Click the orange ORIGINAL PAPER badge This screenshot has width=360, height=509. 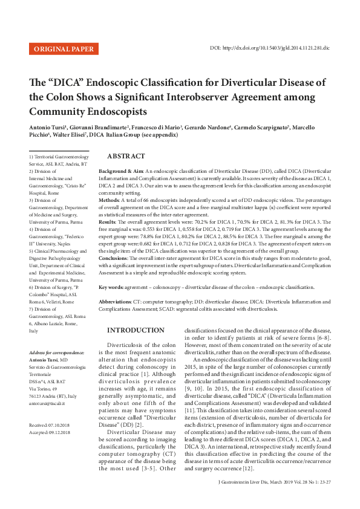tap(64, 49)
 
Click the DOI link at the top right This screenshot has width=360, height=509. tap(270, 47)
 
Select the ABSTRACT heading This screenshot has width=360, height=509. tap(126, 156)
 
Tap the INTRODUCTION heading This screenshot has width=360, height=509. tap(136, 330)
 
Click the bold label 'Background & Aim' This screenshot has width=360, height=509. tap(121, 172)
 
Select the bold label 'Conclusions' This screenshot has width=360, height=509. tap(113, 258)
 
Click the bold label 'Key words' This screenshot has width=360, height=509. tap(111, 287)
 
